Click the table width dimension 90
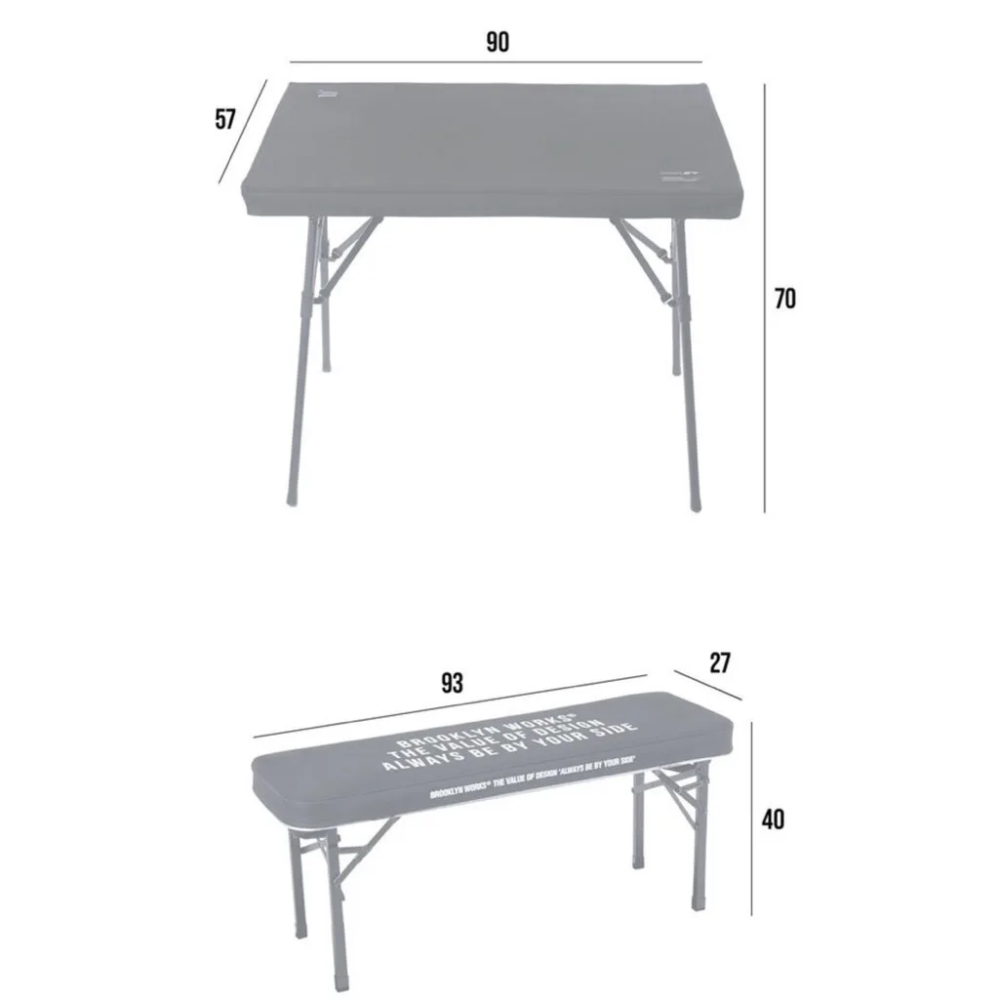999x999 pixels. click(x=498, y=43)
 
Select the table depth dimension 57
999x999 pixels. click(x=225, y=120)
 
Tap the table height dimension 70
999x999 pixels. click(x=784, y=300)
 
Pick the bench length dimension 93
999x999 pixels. click(x=452, y=682)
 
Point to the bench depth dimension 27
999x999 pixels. click(x=719, y=663)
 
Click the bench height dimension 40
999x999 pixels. click(x=772, y=819)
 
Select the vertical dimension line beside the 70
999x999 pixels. click(x=764, y=298)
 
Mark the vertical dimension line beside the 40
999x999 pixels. click(x=751, y=819)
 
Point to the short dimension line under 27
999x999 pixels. click(x=707, y=686)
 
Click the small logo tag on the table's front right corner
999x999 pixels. click(x=681, y=177)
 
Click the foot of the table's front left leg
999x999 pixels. click(x=292, y=498)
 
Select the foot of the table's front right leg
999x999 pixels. click(x=694, y=503)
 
